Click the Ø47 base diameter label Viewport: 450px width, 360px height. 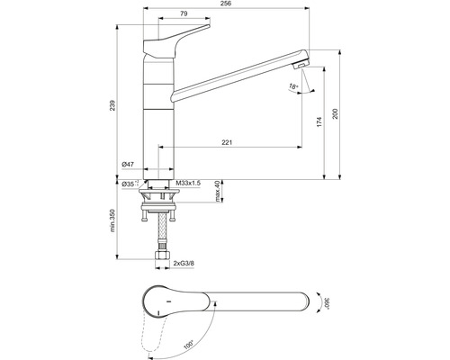tap(128, 165)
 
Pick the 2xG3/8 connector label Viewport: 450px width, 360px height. tap(185, 264)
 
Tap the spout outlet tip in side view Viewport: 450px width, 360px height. tap(304, 65)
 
